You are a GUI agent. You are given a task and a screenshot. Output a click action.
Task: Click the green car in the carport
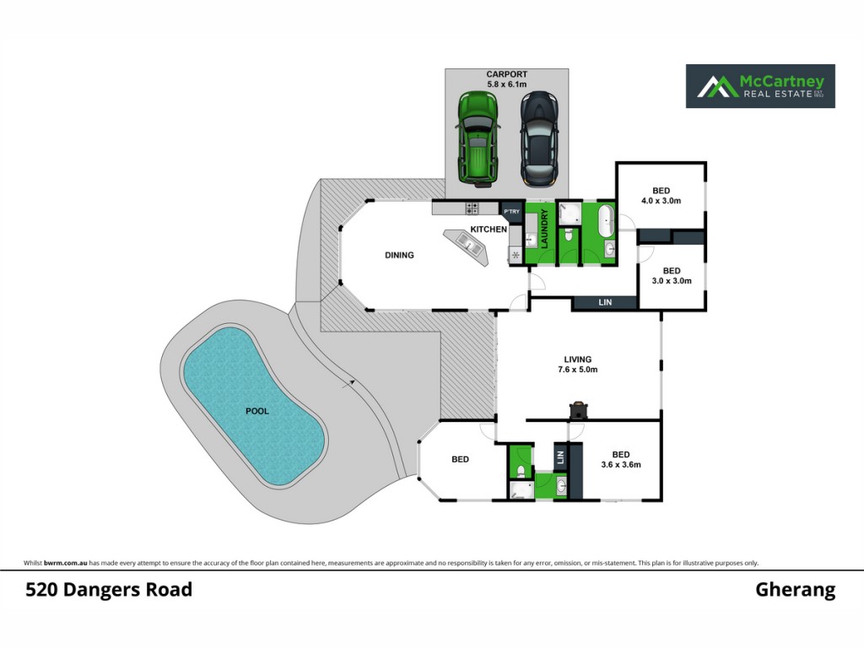478,139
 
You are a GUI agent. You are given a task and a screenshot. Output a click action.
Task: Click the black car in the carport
539,138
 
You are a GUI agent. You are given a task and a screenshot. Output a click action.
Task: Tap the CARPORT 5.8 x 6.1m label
507,78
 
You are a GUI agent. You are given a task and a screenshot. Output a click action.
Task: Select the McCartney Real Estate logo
760,86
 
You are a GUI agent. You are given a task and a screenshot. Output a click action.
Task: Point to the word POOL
257,411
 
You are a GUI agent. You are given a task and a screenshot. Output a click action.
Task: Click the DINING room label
399,255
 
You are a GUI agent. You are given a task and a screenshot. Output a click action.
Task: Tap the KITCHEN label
489,229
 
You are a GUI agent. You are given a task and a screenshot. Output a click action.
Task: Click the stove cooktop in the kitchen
472,208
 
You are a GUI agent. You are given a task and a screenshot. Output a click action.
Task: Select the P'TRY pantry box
511,212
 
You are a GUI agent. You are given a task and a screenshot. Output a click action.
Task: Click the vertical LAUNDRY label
544,229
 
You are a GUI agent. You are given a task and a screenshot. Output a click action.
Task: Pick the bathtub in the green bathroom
607,220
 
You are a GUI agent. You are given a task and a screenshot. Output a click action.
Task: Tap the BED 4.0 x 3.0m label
661,196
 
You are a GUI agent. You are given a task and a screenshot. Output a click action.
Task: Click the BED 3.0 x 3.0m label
672,276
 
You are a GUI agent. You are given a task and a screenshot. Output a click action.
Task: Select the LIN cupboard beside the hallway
605,303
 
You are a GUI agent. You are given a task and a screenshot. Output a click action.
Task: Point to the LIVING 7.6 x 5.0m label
577,364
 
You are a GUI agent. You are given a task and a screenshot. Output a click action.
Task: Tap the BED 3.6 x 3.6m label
621,460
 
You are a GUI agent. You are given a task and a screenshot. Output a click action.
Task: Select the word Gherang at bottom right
795,590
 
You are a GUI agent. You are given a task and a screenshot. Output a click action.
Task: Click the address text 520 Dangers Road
109,590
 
